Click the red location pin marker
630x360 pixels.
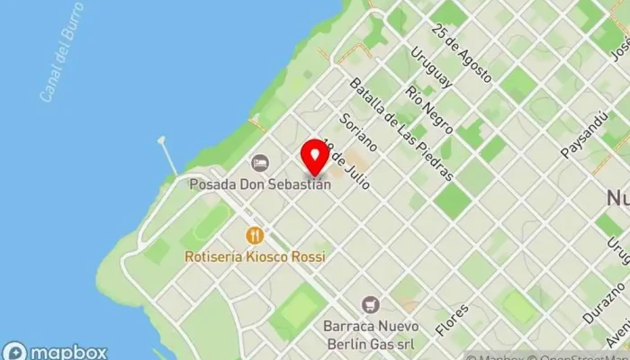315,156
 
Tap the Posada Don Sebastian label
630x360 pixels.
260,184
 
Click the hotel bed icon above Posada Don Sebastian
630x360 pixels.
260,163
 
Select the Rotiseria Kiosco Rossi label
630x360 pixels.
256,256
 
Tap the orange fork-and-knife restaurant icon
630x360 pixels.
256,236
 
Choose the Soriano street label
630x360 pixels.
357,132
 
